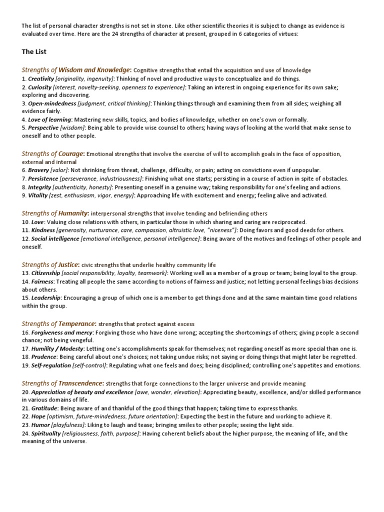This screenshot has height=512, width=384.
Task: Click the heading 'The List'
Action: [34, 51]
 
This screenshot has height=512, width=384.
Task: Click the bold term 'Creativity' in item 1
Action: [41, 79]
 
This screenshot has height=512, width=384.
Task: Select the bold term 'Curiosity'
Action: [40, 87]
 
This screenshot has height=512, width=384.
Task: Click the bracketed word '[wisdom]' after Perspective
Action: [72, 128]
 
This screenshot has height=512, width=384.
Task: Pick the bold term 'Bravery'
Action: [38, 170]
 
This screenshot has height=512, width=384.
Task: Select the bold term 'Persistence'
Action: [43, 178]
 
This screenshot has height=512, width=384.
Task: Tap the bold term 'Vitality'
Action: [37, 195]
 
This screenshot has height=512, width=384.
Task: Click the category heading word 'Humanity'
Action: [73, 213]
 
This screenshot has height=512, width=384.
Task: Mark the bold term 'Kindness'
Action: [43, 230]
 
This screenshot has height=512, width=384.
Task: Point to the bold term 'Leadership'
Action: [46, 298]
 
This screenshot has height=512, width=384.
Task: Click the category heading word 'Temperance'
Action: [77, 324]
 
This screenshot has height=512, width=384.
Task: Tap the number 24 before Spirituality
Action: [25, 433]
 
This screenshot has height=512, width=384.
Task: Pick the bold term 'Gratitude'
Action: [44, 408]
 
